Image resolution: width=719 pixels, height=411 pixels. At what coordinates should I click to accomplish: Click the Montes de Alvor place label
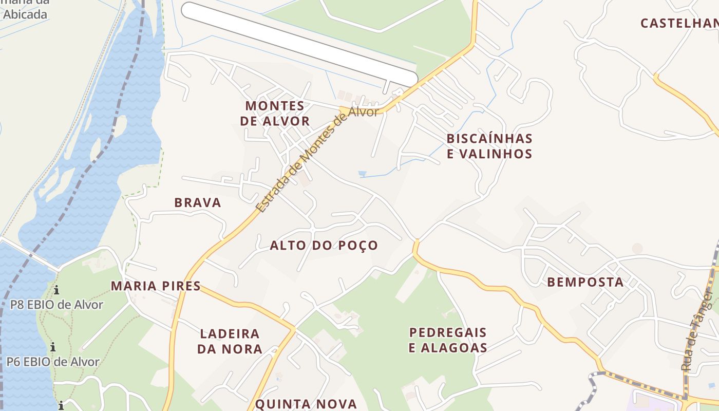point(275,114)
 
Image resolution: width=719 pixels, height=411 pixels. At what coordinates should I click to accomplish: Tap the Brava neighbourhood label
point(198,202)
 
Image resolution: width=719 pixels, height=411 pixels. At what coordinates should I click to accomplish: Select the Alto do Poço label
point(324,246)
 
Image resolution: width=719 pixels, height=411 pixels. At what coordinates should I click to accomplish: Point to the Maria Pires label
point(156,286)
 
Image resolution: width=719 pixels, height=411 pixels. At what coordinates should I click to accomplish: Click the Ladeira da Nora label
point(230,341)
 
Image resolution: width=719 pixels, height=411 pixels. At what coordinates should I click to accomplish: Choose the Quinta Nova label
point(306,404)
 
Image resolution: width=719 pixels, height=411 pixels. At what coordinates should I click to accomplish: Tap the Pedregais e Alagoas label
point(448,340)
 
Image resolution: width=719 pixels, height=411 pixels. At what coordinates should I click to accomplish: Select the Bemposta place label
point(585,282)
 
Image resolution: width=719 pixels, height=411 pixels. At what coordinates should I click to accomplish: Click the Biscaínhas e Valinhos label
point(489,146)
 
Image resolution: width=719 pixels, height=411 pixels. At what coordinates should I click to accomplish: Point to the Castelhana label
point(679,23)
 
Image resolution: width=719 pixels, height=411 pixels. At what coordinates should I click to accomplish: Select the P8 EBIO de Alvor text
point(56,305)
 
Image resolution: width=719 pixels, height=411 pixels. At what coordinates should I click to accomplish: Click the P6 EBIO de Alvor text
point(53,362)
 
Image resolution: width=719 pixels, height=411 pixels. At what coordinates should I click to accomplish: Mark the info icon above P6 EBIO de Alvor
point(53,347)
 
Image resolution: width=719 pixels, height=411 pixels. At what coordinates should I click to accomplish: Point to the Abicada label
point(25,14)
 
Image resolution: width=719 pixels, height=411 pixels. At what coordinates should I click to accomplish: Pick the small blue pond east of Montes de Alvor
point(363,174)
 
